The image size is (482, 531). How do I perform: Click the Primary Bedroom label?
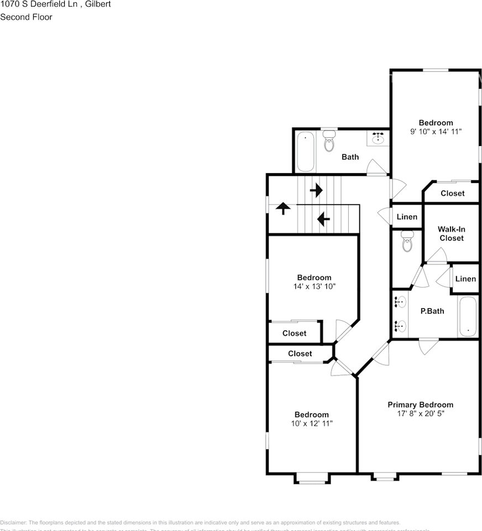pos(420,404)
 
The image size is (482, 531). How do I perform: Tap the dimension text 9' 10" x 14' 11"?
pos(436,132)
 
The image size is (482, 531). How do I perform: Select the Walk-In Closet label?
pos(451,233)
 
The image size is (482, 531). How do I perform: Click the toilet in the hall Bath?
pos(329,142)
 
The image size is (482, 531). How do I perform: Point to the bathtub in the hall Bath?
pos(306,152)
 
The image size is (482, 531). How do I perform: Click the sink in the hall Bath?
pos(379,137)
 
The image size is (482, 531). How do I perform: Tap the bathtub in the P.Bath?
pos(468,316)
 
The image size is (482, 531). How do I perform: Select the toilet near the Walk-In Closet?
pos(407,241)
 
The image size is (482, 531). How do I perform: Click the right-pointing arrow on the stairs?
pos(316,191)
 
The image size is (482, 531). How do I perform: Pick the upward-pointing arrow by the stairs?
pos(283,209)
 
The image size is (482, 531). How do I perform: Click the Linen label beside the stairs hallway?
pos(407,217)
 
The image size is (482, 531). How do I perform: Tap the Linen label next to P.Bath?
pos(465,279)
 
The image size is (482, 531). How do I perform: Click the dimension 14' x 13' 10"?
pos(314,287)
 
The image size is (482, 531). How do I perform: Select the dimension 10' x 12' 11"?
pos(311,423)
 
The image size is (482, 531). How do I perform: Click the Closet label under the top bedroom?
pos(452,193)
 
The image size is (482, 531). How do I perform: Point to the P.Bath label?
pos(432,311)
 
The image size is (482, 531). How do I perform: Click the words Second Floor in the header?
pos(26,17)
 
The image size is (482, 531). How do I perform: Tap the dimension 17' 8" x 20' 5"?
pos(420,413)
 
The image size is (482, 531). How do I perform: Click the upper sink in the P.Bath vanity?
pos(400,302)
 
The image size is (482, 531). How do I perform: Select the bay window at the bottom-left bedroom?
pos(312,478)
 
